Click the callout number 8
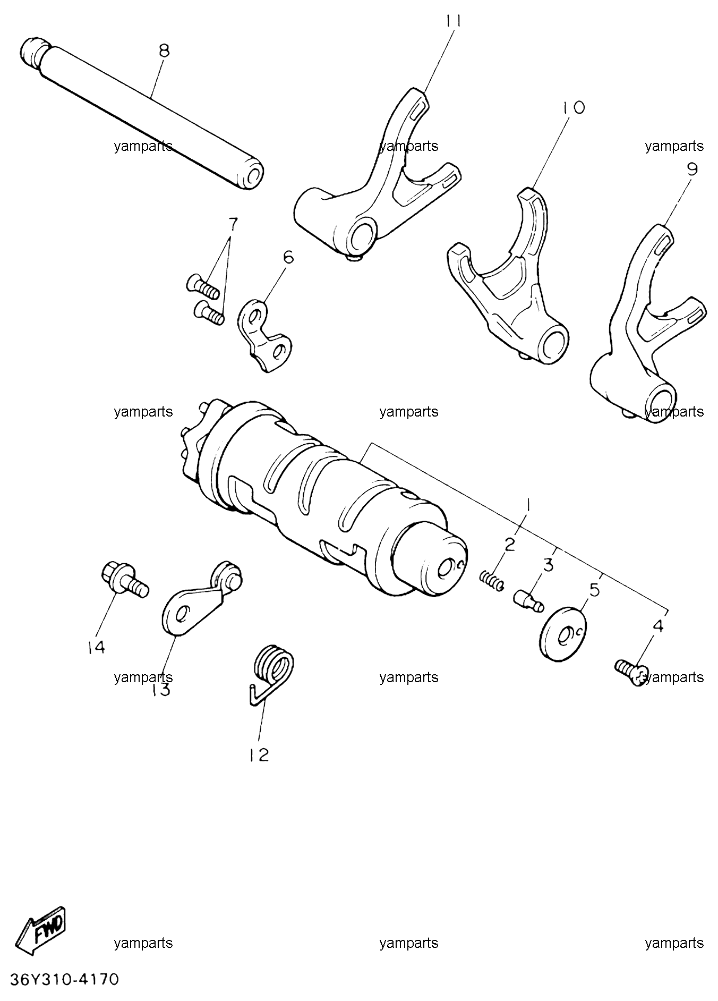(164, 51)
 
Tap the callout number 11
(453, 21)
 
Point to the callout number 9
(692, 169)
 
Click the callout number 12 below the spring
(259, 754)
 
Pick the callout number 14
(97, 647)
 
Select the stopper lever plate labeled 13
(201, 598)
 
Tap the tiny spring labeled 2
(491, 579)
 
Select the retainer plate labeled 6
(266, 336)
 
